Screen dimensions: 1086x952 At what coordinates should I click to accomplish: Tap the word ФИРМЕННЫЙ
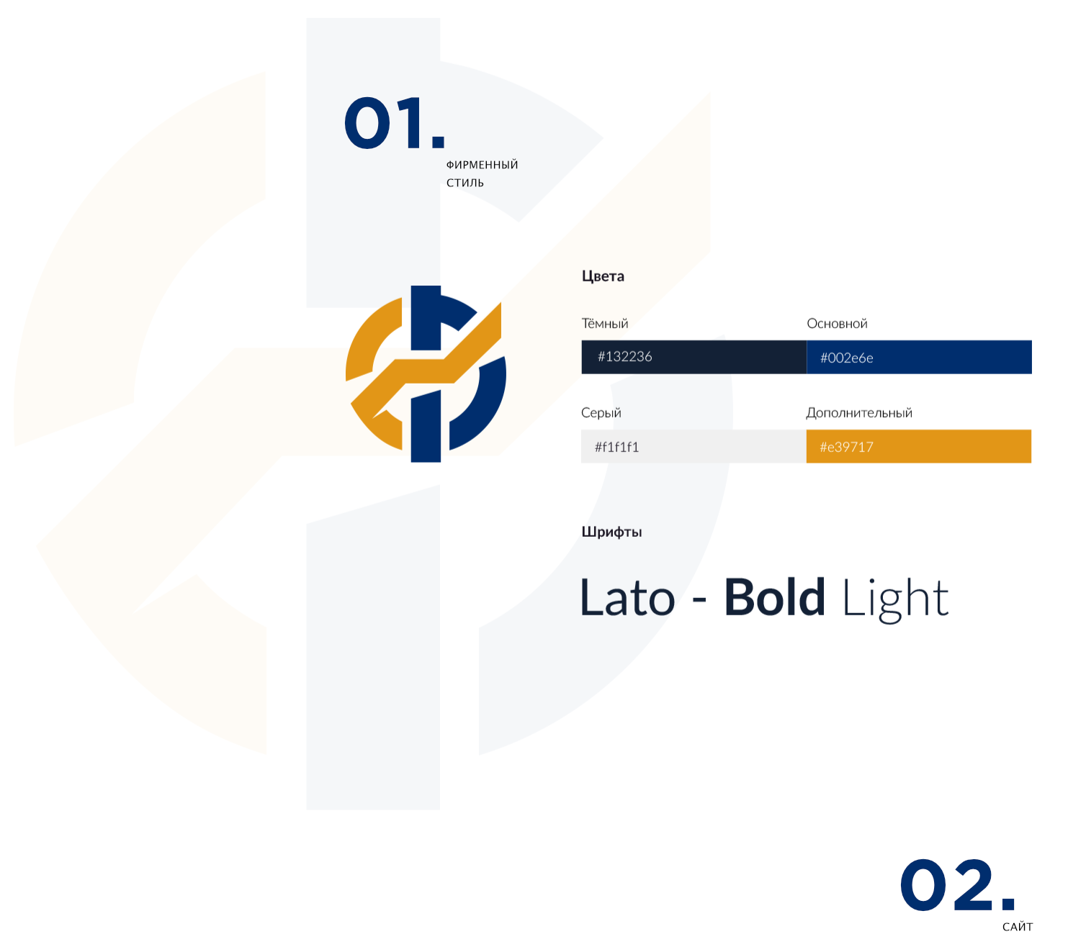[x=482, y=165]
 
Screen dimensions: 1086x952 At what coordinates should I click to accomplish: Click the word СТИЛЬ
[x=465, y=183]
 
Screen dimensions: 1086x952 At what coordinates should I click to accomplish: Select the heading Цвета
[x=603, y=276]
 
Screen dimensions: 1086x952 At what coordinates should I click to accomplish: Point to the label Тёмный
[x=605, y=323]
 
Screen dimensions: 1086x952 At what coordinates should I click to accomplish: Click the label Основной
[x=837, y=324]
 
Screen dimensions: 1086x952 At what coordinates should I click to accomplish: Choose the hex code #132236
[x=625, y=356]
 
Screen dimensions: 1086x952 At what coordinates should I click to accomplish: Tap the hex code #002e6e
[x=846, y=358]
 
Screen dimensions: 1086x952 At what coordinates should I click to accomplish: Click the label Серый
[x=601, y=412]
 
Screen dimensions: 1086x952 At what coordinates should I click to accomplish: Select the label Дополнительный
[x=859, y=412]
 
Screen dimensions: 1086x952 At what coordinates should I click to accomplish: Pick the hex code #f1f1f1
[x=616, y=447]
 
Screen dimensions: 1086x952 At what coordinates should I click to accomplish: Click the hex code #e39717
[x=846, y=447]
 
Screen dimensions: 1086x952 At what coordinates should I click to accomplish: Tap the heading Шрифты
[x=611, y=532]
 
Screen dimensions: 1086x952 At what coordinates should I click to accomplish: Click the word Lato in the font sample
[x=628, y=597]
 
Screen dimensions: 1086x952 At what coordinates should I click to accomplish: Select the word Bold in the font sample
[x=775, y=597]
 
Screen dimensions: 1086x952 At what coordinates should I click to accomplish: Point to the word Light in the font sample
[x=895, y=599]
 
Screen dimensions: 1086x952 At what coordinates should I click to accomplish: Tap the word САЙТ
[x=1017, y=927]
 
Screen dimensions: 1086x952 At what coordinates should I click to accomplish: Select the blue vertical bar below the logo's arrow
[x=426, y=425]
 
